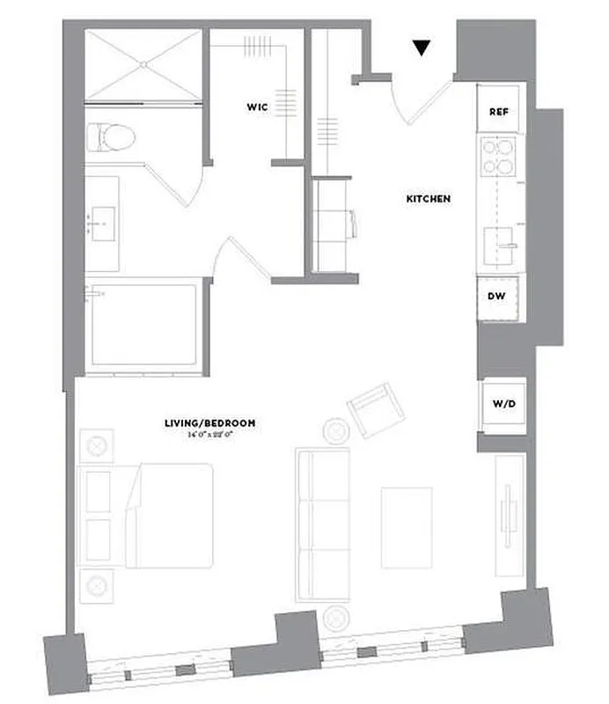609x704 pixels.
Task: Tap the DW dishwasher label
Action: (x=497, y=296)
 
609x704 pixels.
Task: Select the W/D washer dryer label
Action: (x=503, y=406)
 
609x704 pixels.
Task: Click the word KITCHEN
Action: (x=428, y=199)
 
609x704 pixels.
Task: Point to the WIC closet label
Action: (x=257, y=106)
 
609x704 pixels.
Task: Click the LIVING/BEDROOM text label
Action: (x=209, y=423)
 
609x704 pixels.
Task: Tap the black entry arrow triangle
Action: (x=423, y=48)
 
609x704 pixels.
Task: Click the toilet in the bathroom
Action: (x=110, y=137)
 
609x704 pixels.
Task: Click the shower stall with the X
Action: (x=143, y=64)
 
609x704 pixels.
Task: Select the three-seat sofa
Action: (x=323, y=525)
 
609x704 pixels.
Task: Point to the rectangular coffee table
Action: (x=406, y=526)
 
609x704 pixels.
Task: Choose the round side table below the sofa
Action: (x=335, y=618)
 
